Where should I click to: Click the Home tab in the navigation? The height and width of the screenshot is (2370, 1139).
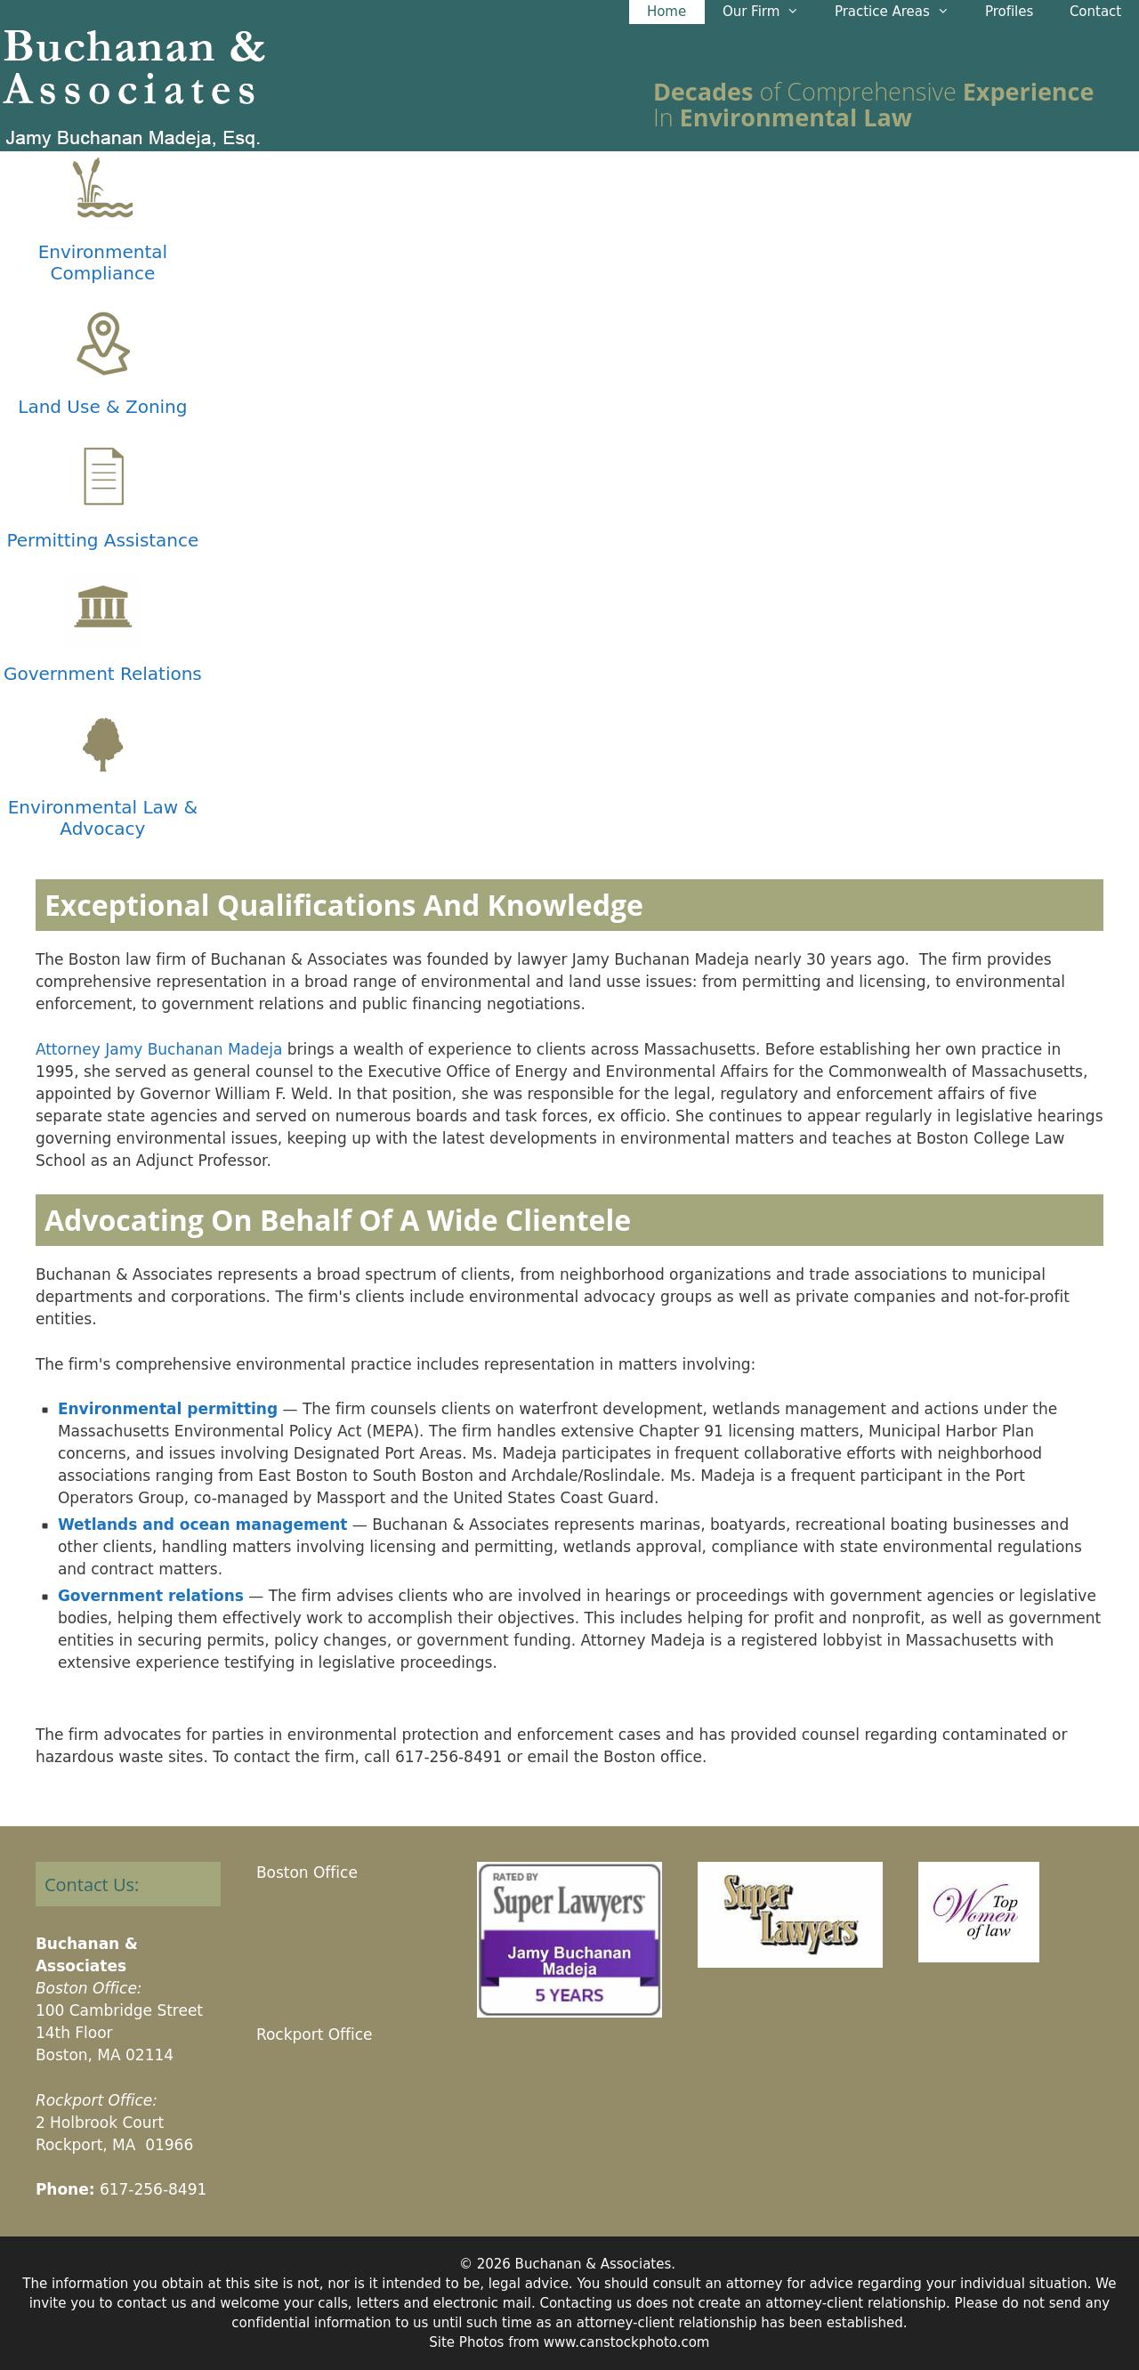(x=666, y=11)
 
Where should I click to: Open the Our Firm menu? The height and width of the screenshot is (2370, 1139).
(x=759, y=11)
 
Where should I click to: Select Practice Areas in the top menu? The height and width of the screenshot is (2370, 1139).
(x=890, y=11)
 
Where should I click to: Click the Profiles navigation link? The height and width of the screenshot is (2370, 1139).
(x=1008, y=11)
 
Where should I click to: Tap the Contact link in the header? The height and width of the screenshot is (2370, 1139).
(x=1094, y=11)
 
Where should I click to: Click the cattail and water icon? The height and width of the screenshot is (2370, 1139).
(x=103, y=189)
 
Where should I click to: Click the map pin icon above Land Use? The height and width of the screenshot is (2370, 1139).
(x=103, y=344)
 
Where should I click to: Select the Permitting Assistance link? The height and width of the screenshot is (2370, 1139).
(x=102, y=540)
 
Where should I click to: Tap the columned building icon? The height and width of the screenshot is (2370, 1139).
(x=103, y=607)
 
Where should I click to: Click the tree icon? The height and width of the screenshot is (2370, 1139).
(x=103, y=743)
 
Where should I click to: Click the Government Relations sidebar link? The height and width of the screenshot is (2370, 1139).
(x=102, y=674)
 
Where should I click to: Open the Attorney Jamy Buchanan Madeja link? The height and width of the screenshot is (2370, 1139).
(x=158, y=1049)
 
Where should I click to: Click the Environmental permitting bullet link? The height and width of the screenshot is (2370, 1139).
(x=167, y=1409)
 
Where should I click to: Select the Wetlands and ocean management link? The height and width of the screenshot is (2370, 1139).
(x=202, y=1525)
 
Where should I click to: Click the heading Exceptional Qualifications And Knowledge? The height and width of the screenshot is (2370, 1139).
(x=343, y=905)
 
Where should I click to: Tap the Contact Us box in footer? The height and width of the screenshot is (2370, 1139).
(x=128, y=1884)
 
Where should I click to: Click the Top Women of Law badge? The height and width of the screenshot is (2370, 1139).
(x=978, y=1912)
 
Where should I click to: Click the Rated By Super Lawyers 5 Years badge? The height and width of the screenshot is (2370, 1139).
(x=569, y=1939)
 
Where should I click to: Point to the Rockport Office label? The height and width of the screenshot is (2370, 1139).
(x=314, y=2034)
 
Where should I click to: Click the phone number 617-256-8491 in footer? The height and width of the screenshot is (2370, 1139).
(x=153, y=2188)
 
